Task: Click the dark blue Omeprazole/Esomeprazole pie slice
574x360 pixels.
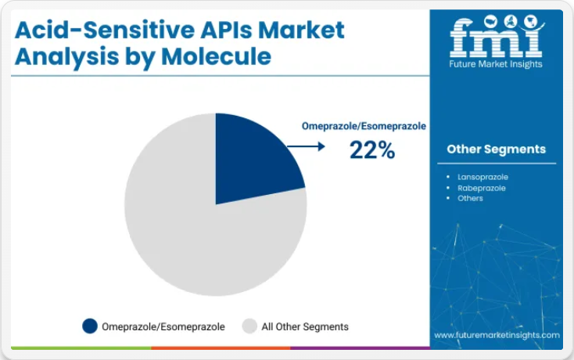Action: coord(253,157)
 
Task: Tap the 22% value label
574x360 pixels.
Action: coord(372,149)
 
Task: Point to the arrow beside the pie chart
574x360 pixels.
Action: coord(306,146)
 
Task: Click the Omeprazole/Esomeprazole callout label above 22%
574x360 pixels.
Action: coord(364,126)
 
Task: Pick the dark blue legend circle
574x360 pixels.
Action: coord(90,326)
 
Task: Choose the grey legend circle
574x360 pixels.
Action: coord(249,326)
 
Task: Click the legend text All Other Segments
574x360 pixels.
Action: coord(305,326)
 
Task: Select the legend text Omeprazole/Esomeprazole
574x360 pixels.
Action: coord(163,326)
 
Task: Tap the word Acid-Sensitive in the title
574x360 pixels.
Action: coord(104,30)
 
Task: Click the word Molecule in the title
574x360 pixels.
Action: coord(216,56)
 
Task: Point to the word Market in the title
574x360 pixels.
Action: coord(301,30)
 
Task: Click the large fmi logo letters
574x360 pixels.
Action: coord(497,36)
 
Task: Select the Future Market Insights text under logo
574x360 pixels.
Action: coord(496,64)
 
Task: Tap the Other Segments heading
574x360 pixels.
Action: coord(496,149)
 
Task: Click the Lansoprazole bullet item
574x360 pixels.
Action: coord(483,177)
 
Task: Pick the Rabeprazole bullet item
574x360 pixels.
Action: coord(482,189)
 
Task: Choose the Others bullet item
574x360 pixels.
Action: coord(470,199)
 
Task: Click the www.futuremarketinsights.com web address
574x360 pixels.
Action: coord(497,335)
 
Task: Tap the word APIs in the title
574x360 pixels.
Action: coord(226,30)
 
